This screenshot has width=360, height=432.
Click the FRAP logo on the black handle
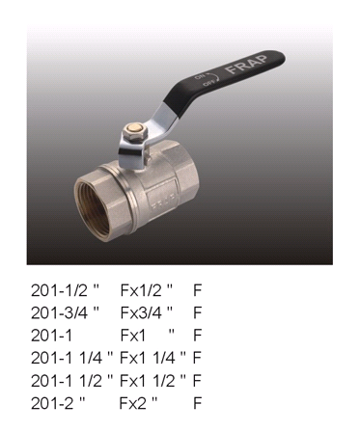point(246,65)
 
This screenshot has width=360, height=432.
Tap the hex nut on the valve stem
point(132,133)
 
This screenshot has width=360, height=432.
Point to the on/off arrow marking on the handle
point(208,79)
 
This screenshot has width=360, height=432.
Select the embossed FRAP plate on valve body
point(162,199)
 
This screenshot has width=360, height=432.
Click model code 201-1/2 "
point(65,290)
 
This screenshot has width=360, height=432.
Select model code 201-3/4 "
point(65,312)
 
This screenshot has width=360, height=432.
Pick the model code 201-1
point(51,336)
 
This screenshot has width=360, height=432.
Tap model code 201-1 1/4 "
point(72,358)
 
